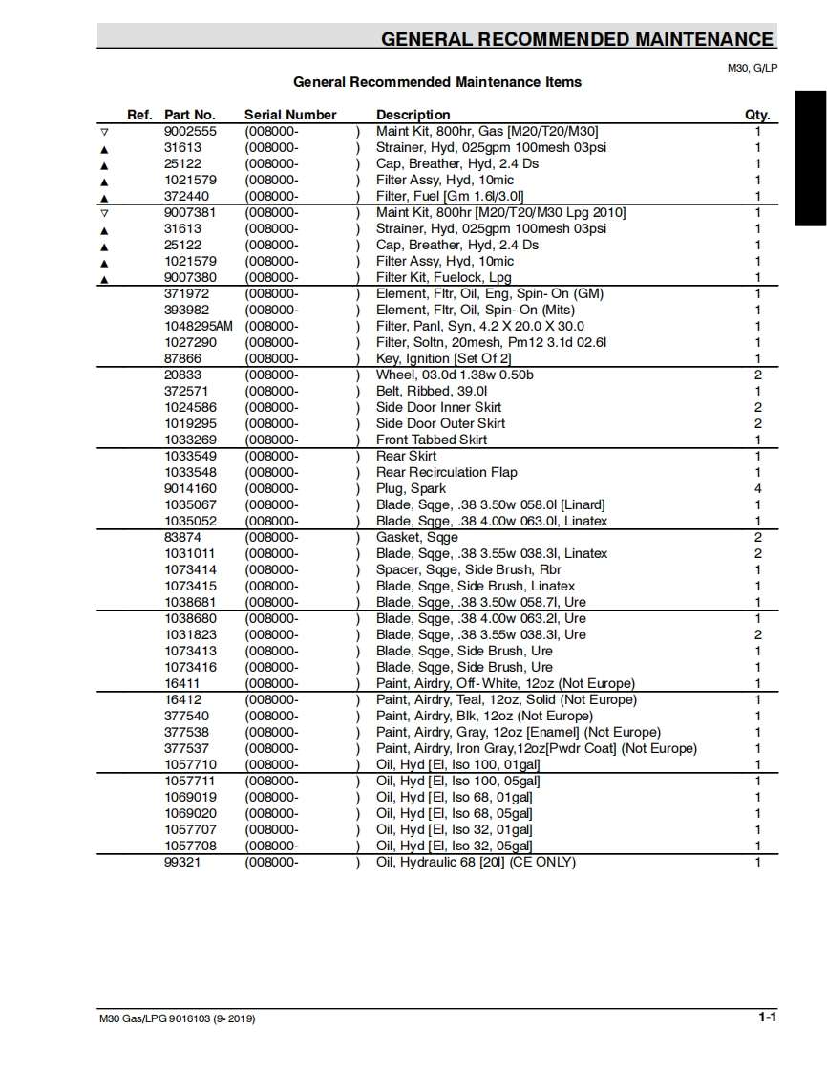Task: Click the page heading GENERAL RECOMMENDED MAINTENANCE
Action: [x=577, y=39]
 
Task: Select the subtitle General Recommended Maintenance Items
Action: [x=437, y=82]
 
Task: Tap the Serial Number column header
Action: [x=290, y=115]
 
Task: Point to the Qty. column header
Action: [x=757, y=115]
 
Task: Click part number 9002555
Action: [x=190, y=131]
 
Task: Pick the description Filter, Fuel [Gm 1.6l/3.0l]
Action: [x=450, y=196]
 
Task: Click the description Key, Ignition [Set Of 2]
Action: [x=443, y=358]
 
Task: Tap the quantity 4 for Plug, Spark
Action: [x=758, y=488]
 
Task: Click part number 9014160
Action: [x=190, y=488]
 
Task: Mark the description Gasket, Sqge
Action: [x=417, y=537]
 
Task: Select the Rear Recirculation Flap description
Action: [x=447, y=472]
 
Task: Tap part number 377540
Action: [x=186, y=716]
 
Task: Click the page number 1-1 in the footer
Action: [x=767, y=1018]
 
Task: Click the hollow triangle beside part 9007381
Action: [x=105, y=212]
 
